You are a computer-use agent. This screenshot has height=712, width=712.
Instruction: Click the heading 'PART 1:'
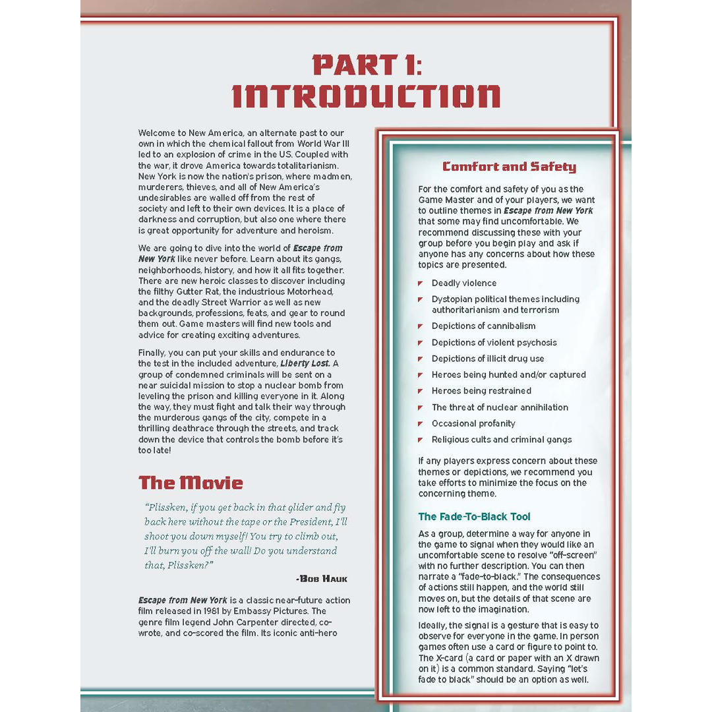[x=367, y=65]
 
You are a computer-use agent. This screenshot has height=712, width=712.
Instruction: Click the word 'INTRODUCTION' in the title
[x=367, y=96]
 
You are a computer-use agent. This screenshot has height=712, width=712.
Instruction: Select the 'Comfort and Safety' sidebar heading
[x=509, y=167]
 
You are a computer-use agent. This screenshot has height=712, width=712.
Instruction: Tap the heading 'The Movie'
[x=191, y=483]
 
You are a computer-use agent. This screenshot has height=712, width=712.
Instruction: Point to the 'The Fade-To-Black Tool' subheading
[x=474, y=517]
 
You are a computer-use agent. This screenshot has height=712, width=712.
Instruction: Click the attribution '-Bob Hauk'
[x=322, y=579]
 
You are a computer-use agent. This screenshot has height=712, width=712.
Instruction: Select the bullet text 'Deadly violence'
[x=464, y=283]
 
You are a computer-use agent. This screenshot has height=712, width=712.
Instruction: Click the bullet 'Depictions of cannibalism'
[x=483, y=326]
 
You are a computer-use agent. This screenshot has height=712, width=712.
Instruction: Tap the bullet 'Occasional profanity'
[x=473, y=423]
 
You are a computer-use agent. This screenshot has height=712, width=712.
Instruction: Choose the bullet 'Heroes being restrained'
[x=481, y=391]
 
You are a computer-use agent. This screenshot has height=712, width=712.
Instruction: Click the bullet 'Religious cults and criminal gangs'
[x=502, y=440]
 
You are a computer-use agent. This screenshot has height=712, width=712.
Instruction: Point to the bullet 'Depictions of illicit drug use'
[x=488, y=359]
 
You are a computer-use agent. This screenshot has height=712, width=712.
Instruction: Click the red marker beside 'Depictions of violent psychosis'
[x=421, y=343]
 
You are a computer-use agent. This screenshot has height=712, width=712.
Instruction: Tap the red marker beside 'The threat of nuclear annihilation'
[x=421, y=407]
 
